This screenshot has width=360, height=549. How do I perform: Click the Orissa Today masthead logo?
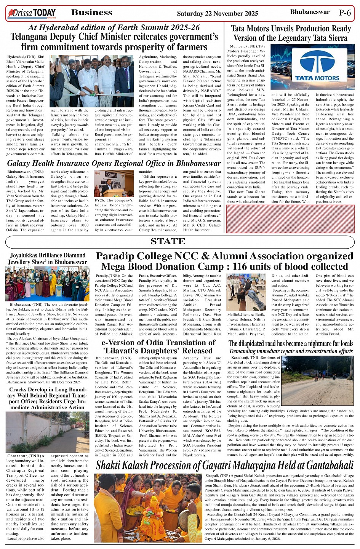32,14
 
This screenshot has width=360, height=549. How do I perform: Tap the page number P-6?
345,13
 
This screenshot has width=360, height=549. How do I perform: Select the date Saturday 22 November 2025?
217,14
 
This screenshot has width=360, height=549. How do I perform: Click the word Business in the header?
92,13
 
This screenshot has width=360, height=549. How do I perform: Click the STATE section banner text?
168,241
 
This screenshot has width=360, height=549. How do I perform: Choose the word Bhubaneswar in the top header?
310,12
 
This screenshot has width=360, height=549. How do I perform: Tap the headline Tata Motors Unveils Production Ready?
291,29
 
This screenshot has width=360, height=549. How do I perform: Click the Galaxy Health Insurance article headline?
114,163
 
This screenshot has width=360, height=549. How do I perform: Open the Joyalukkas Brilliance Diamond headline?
48,259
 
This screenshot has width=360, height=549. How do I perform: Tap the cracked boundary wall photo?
47,432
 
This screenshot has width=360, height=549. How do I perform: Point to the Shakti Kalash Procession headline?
224,465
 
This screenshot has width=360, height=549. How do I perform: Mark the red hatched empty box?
290,219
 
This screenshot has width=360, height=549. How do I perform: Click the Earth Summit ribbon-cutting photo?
92,81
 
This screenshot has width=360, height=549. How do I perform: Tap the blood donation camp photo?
246,292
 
